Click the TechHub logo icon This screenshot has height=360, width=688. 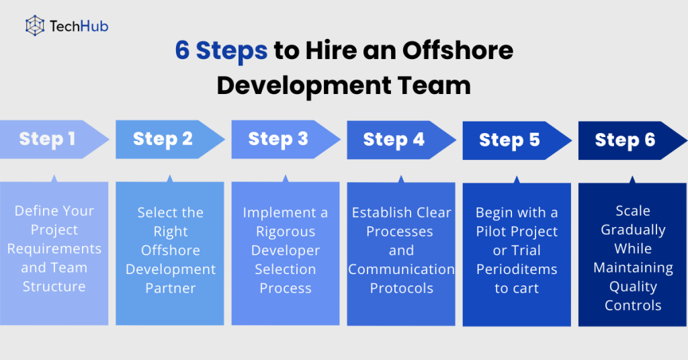35,26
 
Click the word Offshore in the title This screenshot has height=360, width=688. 458,50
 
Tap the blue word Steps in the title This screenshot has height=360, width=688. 232,51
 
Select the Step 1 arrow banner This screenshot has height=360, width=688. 54,139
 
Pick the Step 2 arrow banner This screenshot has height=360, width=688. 170,139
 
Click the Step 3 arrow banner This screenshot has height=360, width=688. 286,139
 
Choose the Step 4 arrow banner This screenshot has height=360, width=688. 402,140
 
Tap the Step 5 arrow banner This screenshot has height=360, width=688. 517,140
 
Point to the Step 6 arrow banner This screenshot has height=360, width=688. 633,140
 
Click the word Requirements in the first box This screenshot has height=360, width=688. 54,249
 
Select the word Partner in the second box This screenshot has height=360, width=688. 170,288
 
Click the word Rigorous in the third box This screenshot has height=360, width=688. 286,232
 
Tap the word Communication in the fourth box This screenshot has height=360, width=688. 402,269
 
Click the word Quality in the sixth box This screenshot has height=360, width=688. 633,287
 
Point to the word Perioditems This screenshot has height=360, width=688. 517,269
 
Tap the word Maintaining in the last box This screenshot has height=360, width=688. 633,268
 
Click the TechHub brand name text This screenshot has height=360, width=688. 79,26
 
